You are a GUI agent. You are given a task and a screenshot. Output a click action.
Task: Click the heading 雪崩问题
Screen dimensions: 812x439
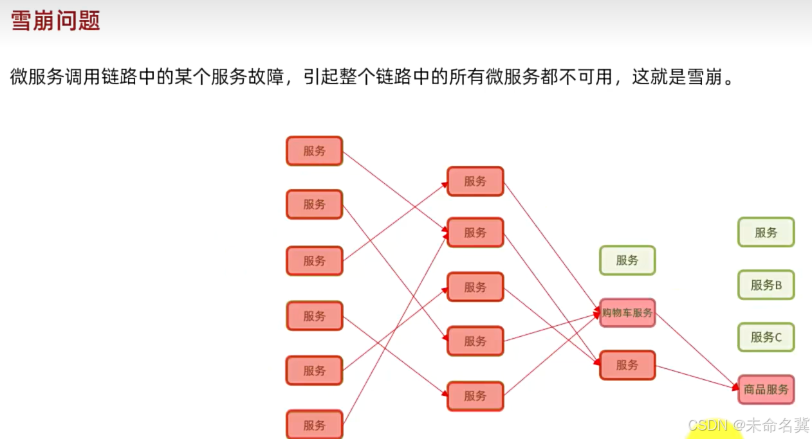[55, 21]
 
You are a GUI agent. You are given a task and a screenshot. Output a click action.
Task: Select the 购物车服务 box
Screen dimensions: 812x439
[627, 313]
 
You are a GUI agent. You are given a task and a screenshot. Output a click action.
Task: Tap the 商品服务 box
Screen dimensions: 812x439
[766, 390]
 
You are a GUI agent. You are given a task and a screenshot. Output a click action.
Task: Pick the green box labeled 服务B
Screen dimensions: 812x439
[766, 285]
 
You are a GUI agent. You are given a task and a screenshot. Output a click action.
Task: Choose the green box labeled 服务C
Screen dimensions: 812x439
[766, 337]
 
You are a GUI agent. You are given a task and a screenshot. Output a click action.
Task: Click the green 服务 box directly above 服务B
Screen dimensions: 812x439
[766, 233]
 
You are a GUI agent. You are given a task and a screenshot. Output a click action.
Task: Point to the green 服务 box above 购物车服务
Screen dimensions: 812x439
[627, 260]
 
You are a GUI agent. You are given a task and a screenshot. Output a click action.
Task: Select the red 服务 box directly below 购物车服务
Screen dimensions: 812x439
[627, 365]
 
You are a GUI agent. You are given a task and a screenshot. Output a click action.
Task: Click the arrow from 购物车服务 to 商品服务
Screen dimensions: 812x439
[697, 351]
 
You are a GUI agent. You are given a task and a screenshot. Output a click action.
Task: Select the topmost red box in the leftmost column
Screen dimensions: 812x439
[315, 151]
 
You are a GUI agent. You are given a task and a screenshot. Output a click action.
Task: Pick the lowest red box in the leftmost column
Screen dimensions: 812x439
[315, 425]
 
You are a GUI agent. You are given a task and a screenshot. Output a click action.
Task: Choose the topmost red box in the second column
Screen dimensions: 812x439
[475, 181]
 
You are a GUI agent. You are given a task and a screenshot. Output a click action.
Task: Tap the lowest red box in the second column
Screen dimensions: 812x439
[475, 396]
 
